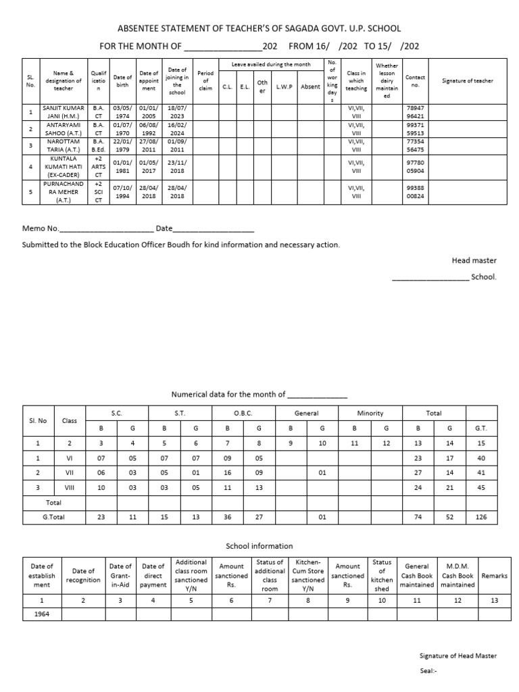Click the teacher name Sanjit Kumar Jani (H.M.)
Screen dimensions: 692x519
(x=64, y=112)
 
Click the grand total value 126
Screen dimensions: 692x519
(x=481, y=518)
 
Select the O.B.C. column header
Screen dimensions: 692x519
(x=243, y=413)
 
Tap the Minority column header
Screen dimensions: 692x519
(x=370, y=413)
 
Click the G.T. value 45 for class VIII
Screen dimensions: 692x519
(x=481, y=487)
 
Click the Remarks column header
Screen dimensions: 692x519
(x=494, y=576)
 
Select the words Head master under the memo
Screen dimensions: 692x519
(x=474, y=260)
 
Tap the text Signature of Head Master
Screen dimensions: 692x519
(x=458, y=656)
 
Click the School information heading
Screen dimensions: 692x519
(x=259, y=546)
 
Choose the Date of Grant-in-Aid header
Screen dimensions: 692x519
(x=120, y=576)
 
